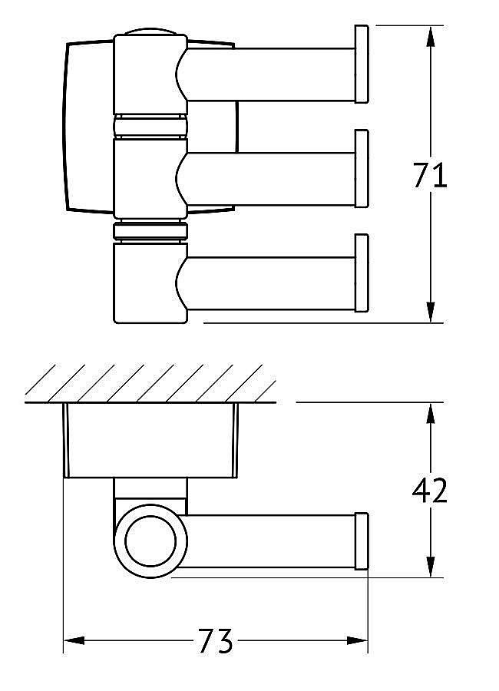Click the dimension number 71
tap(430, 176)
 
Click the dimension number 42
tap(430, 490)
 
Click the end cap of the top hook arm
tap(361, 64)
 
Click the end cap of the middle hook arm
tap(361, 168)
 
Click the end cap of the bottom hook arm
tap(361, 273)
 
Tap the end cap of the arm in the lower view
tap(361, 541)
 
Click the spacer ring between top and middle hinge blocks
tap(150, 127)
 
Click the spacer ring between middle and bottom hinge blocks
tap(150, 231)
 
